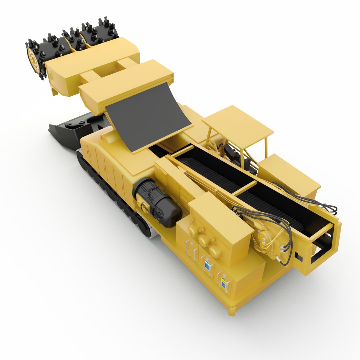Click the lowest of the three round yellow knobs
tap(215, 251)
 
